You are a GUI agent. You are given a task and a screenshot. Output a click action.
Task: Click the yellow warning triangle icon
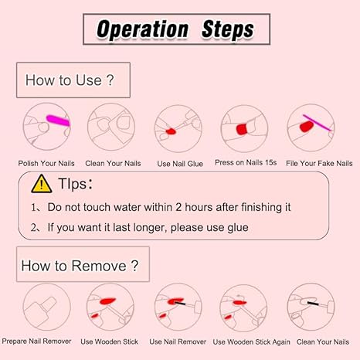42,184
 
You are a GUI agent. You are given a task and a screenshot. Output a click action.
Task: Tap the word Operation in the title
142,29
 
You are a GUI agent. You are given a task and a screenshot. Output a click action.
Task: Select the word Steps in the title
228,29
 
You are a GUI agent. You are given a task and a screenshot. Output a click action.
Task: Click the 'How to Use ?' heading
70,80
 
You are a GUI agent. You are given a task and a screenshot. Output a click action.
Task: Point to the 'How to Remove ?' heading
80,266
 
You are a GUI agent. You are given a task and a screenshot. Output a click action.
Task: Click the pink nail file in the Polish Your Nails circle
58,121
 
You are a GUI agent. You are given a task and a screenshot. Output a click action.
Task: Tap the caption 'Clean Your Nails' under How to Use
113,163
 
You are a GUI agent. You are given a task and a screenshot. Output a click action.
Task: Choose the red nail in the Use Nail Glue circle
171,131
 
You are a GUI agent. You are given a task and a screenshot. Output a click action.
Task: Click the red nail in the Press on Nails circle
242,129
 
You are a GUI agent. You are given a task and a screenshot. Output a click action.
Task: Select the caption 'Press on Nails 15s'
246,162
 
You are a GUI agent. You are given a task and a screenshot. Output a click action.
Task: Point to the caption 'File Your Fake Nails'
319,163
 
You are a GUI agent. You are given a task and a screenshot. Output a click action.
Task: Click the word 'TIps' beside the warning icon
73,184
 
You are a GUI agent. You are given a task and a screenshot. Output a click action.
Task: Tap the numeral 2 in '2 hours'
178,207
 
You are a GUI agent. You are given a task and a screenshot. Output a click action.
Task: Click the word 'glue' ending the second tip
238,228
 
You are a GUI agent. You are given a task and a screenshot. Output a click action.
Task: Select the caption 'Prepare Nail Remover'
36,341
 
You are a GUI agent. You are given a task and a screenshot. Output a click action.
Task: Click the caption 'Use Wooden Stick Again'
251,342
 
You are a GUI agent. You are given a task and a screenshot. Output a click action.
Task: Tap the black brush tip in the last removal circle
313,303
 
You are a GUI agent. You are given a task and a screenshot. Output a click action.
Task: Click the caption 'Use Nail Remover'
178,341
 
